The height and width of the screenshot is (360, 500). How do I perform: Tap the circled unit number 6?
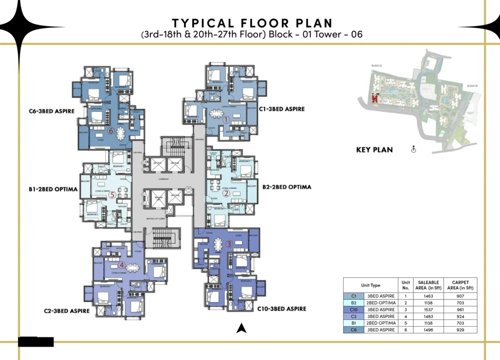111,131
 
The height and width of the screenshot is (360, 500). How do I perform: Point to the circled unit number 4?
122,265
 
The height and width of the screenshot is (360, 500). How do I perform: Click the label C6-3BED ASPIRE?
52,111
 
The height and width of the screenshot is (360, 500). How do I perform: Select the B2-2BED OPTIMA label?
287,187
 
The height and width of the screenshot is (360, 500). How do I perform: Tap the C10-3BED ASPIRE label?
282,309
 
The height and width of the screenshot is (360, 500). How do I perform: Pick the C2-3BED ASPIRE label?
67,311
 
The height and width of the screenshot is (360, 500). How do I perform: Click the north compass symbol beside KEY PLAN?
413,149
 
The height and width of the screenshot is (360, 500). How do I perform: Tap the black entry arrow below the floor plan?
240,329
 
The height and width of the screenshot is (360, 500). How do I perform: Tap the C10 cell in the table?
354,310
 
